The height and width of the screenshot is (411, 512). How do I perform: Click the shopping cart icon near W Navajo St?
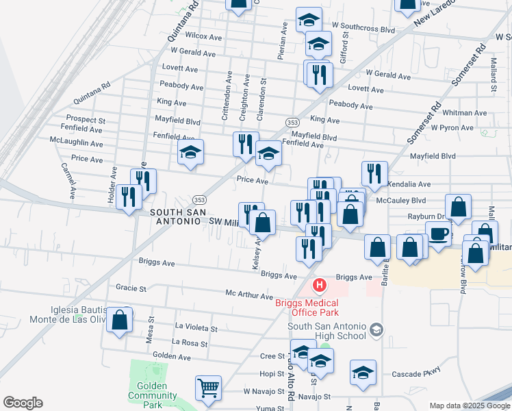pos(208,388)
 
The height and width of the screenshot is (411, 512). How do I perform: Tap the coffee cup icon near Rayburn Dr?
pos(438,234)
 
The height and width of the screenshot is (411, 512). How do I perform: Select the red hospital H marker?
pos(318,285)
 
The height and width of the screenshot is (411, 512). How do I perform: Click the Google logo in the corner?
pos(23,403)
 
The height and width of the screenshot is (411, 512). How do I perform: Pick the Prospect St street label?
pos(86,120)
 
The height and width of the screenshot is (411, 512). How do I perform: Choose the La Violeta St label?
pos(196,328)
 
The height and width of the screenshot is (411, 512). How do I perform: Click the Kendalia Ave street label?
pos(409,184)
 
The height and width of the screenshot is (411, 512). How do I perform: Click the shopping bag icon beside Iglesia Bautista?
pos(119,320)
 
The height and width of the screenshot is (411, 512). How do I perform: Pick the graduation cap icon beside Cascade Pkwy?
pos(363,372)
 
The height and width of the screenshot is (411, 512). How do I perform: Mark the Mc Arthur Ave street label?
pos(249,295)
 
